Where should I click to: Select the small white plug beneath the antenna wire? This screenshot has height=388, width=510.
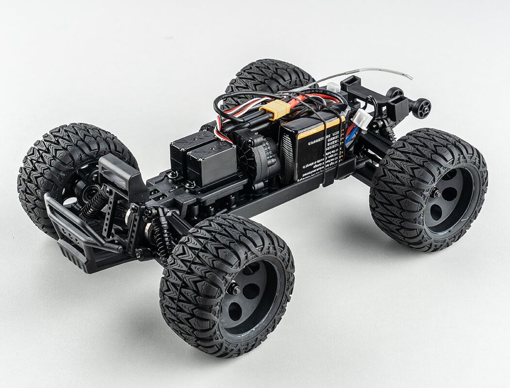tap(333, 88)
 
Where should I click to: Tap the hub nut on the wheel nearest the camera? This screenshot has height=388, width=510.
tap(235, 290)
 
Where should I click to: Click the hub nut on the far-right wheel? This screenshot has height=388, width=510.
tap(437, 194)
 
